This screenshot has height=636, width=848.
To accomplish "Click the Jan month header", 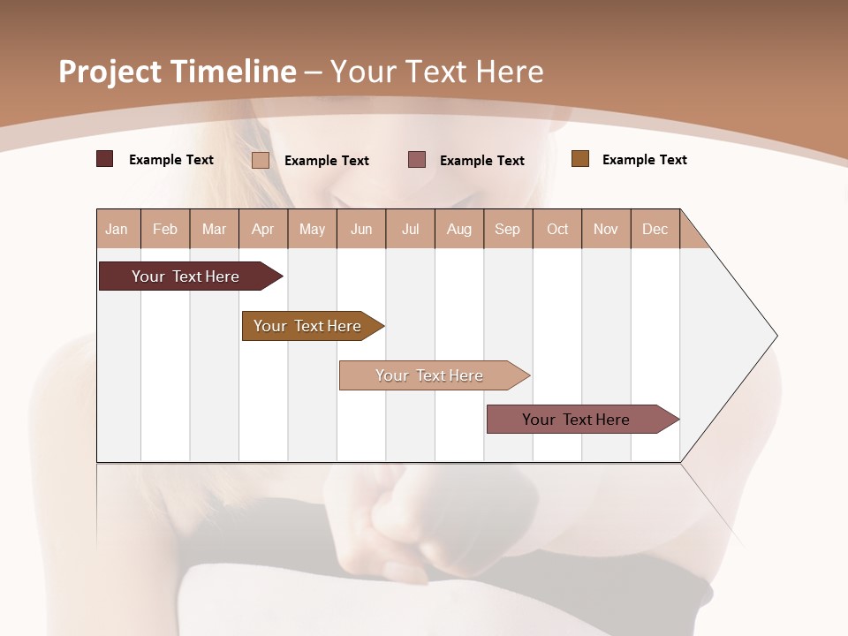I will pos(117,229).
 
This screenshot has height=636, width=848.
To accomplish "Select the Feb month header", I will pos(165,229).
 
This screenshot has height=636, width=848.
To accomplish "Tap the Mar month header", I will pos(214,229).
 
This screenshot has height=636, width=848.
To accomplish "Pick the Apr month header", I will pos(263,229).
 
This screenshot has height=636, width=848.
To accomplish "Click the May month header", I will pos(312,229).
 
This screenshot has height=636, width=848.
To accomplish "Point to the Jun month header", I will pos(361,229).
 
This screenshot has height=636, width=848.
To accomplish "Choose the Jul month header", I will pos(410,229).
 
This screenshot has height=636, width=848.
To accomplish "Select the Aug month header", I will pos(459,229).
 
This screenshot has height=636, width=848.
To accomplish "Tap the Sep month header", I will pos(508,229).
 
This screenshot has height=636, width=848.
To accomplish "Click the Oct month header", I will pos(557,229).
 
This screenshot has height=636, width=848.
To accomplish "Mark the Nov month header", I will pos(606,229).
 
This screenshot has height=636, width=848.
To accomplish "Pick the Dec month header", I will pos(655,229).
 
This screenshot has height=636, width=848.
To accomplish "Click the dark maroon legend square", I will pos(105,159).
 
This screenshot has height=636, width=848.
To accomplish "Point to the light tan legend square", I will pos(261,160).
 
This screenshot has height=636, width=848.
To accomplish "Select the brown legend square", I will pos(580,159).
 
